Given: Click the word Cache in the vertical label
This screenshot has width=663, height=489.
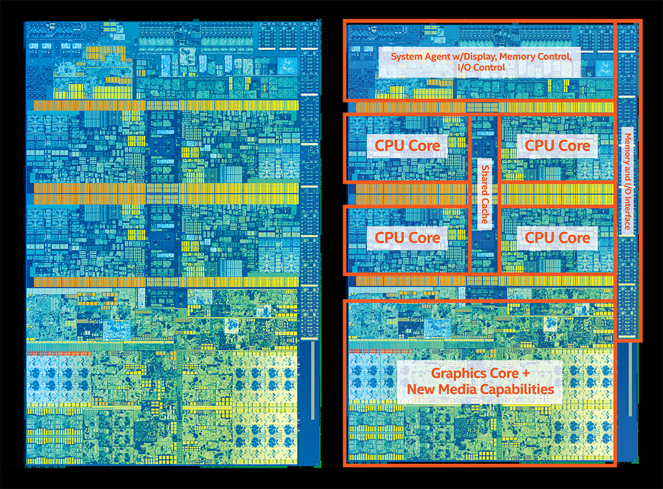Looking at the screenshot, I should [x=484, y=212].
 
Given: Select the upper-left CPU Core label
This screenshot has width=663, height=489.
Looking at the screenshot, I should [x=407, y=146].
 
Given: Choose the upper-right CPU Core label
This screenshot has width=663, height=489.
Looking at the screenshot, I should [x=557, y=146].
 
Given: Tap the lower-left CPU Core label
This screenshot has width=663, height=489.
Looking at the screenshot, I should [x=407, y=237].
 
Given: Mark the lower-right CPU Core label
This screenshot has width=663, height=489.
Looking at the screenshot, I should [x=557, y=237].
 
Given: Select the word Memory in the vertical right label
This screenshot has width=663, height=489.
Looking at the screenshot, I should [x=627, y=148].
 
